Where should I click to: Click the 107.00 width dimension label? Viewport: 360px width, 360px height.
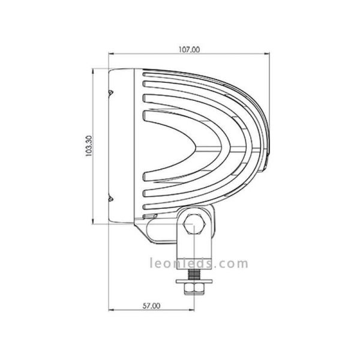[189, 50]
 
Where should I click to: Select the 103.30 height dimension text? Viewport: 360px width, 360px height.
[89, 146]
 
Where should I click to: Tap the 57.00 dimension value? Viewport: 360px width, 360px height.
[152, 305]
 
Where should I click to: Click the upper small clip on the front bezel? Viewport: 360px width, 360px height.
[110, 92]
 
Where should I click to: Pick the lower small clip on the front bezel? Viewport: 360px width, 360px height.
[110, 199]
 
